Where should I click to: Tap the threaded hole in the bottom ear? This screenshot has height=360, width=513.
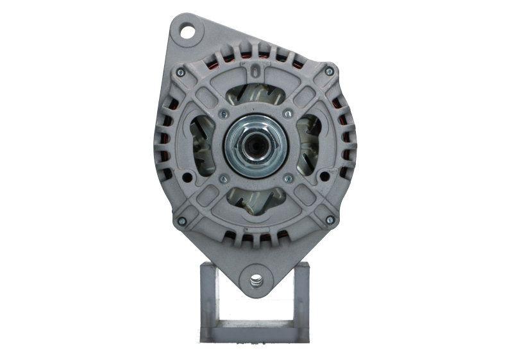coord(256,280)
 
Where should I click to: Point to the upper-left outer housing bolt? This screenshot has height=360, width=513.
coord(181,72)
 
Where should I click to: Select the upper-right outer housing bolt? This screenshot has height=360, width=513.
coord(330,72)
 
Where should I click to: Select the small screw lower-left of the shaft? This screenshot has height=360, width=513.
coord(223,179)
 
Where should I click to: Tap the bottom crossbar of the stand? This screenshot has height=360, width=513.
coord(256,327)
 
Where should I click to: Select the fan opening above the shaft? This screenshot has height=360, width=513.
coord(256,97)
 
